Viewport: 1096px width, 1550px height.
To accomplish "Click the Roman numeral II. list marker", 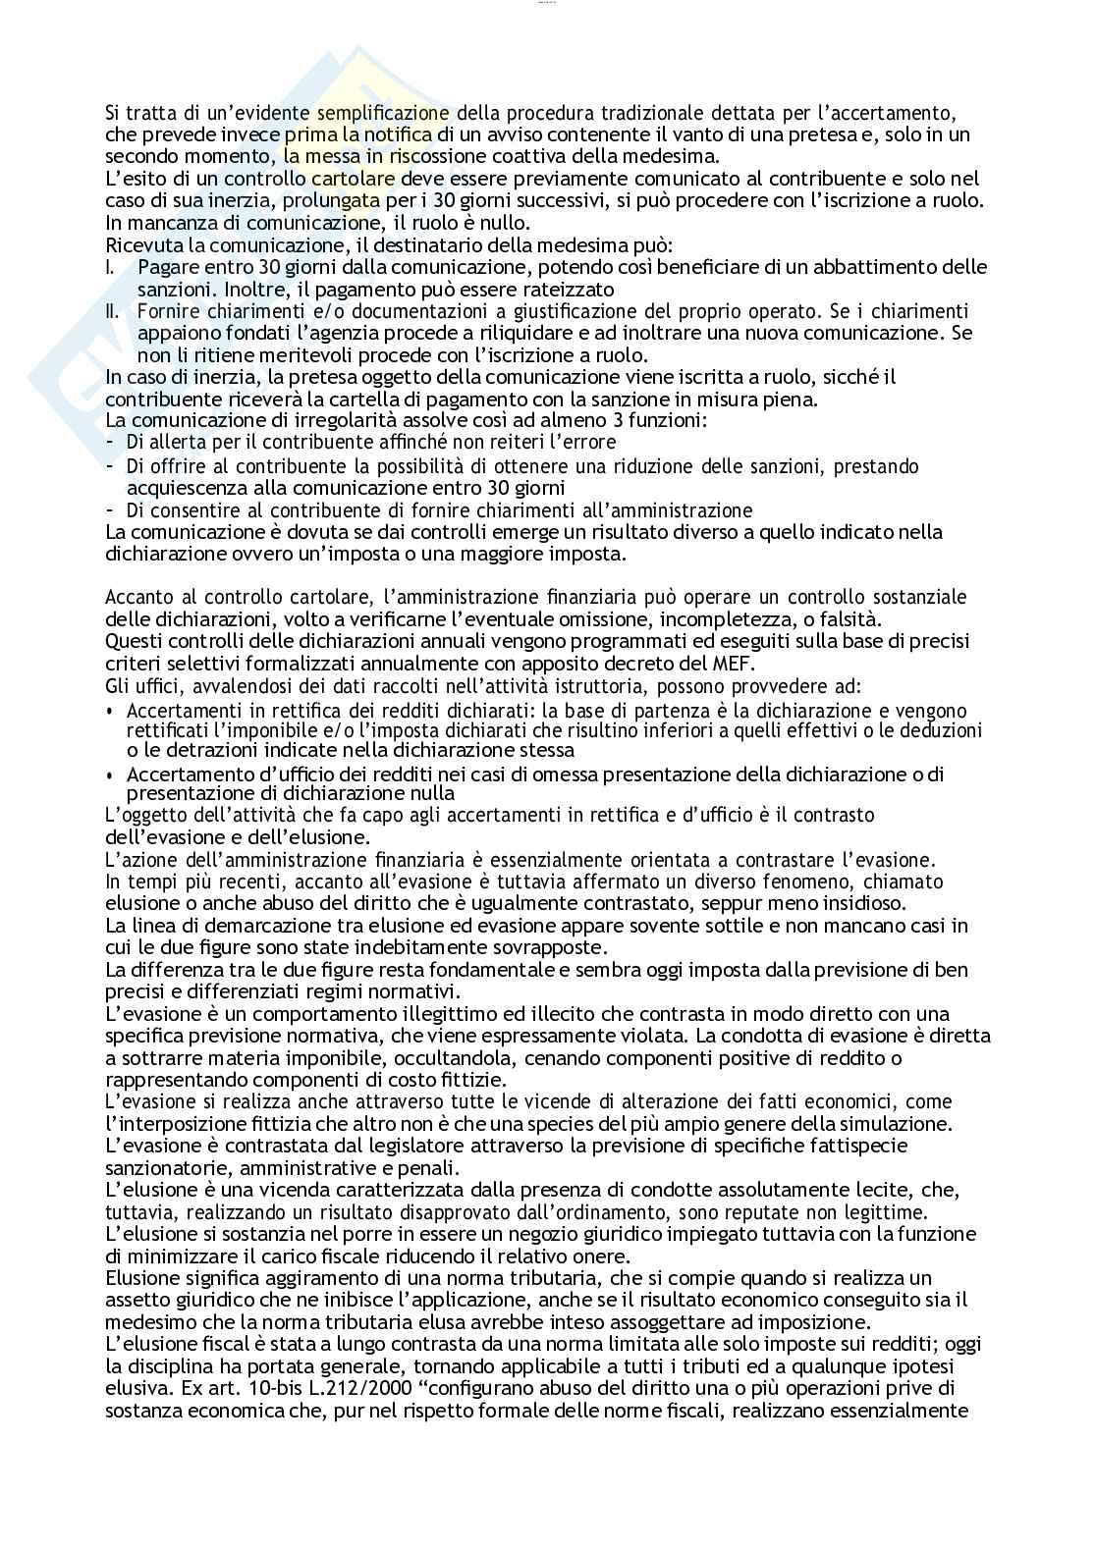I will click(x=113, y=311).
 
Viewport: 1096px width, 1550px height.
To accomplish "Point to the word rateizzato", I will click(x=569, y=290).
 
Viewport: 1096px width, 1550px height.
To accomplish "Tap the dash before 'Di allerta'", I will click(x=110, y=443).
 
